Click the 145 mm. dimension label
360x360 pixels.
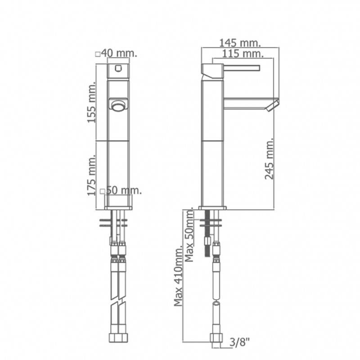(240, 43)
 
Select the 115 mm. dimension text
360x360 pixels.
(243, 54)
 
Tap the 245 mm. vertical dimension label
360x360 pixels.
(270, 158)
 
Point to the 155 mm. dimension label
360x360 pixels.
(92, 102)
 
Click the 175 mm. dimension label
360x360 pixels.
(91, 175)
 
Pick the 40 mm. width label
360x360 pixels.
(119, 53)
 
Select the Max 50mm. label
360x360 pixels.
(189, 236)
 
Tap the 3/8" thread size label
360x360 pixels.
(239, 343)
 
